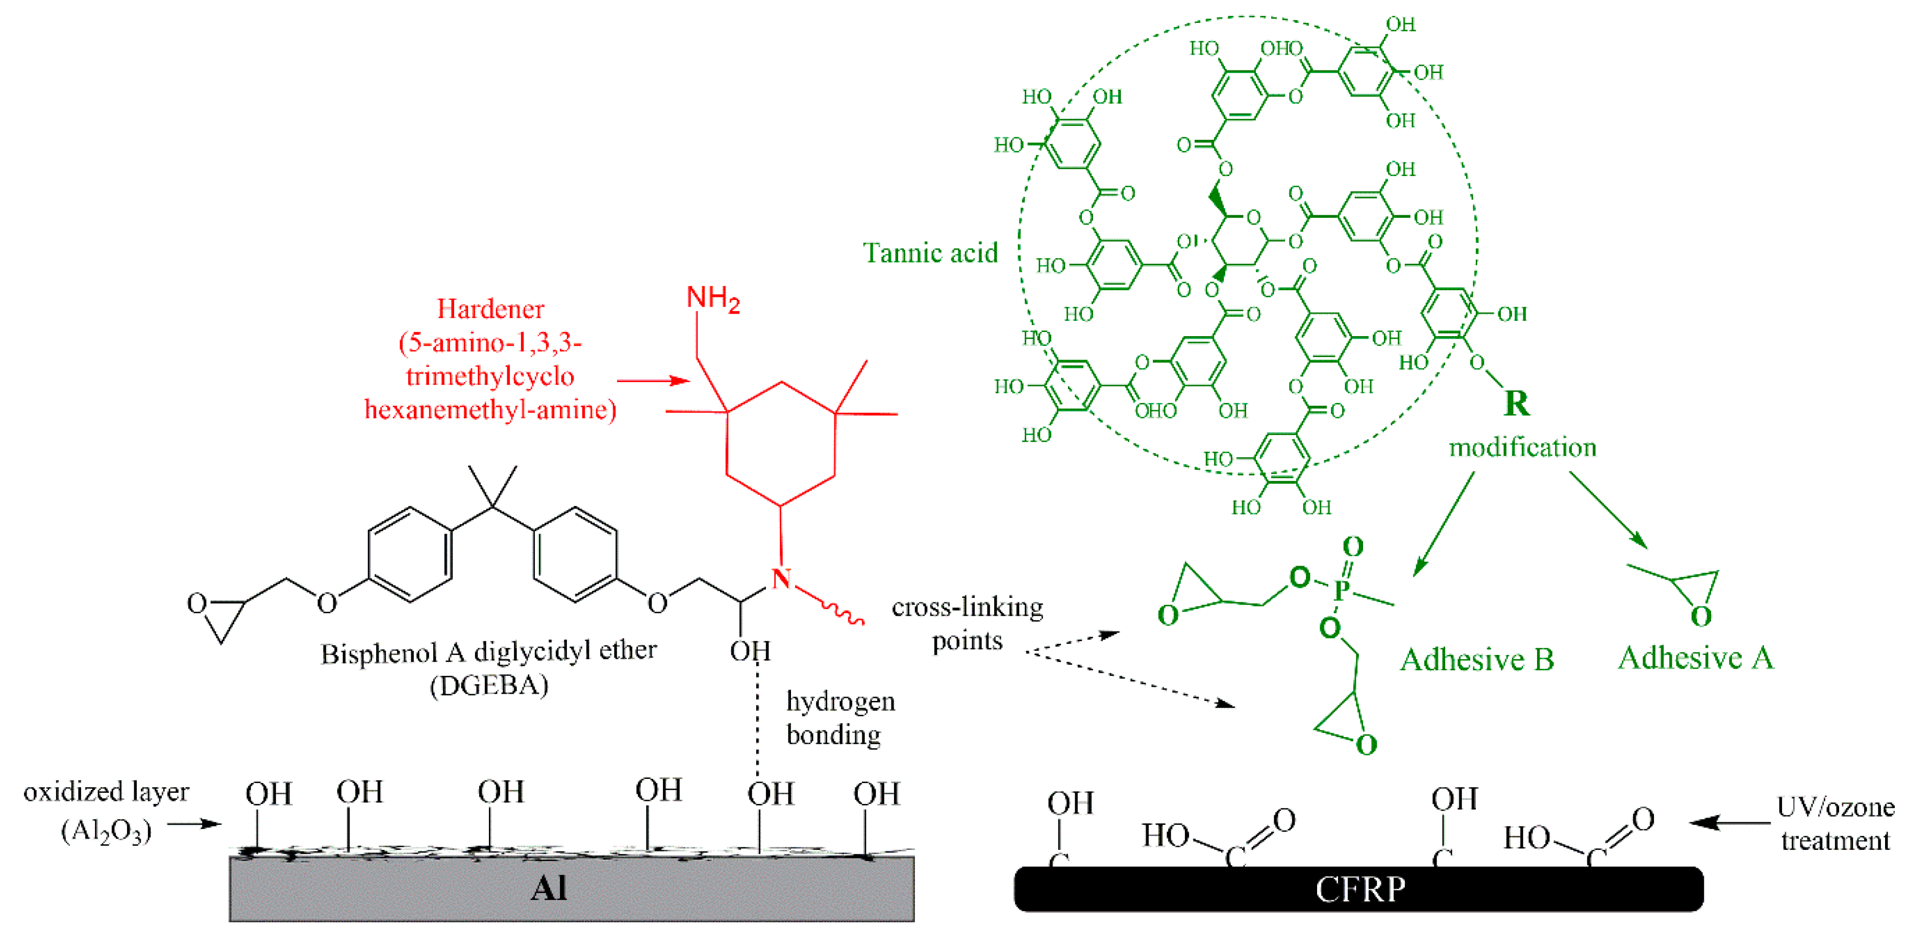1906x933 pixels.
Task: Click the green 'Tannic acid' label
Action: [930, 253]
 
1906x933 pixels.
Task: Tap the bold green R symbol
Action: [1516, 403]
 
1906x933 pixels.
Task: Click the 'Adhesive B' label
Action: [1477, 659]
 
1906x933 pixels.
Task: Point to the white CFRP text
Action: [1360, 889]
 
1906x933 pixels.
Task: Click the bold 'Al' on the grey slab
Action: [548, 887]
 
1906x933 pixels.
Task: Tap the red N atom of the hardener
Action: [781, 578]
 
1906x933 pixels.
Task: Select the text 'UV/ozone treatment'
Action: [1835, 823]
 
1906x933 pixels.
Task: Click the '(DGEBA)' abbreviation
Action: [489, 685]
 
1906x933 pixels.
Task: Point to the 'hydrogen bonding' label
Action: [840, 718]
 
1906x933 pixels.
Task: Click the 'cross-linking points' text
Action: [967, 623]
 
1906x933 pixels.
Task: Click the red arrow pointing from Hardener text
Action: [652, 381]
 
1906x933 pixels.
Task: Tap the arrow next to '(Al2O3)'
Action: [194, 823]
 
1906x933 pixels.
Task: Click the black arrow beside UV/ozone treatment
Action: [1728, 822]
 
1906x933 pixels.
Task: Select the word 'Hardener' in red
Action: [490, 309]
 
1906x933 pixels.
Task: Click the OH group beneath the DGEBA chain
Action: [750, 651]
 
